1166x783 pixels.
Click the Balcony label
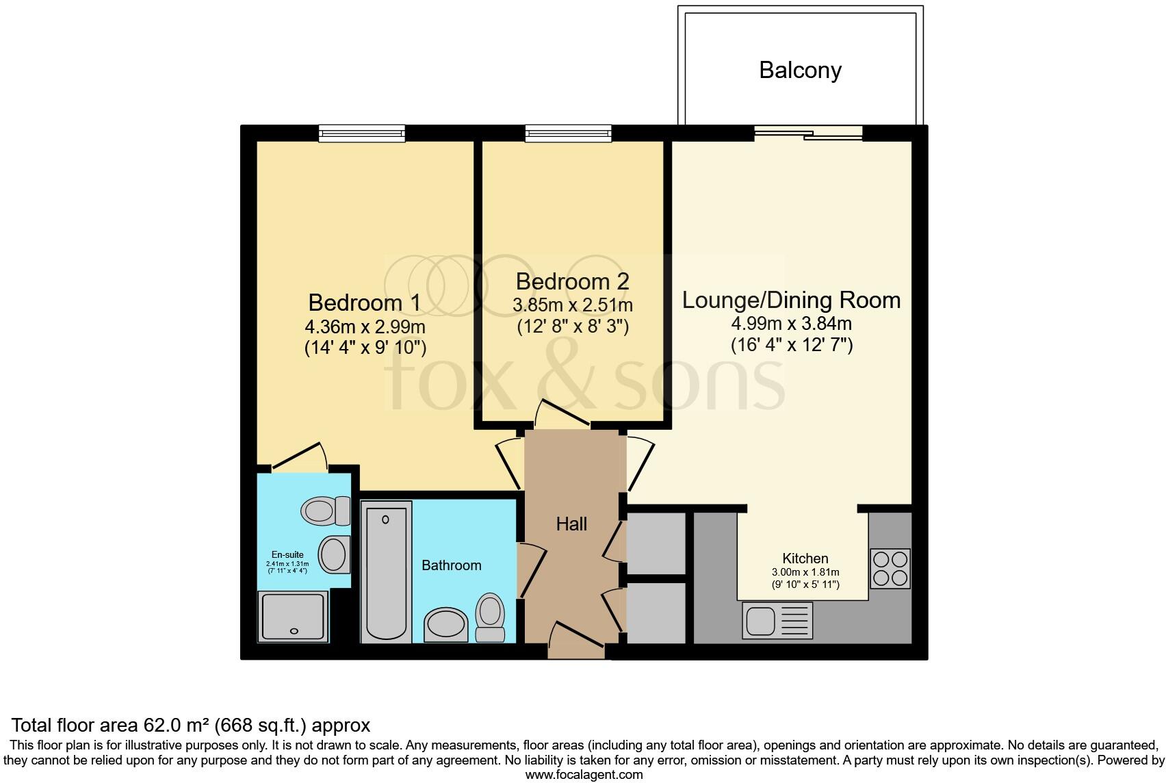click(800, 70)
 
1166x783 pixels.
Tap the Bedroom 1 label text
click(364, 303)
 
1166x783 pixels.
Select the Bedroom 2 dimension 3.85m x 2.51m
click(572, 305)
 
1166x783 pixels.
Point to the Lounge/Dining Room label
click(791, 300)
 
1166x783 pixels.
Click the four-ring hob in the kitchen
click(890, 568)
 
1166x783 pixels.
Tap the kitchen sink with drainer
click(777, 621)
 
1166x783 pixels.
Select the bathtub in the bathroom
click(386, 572)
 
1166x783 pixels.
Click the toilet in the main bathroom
click(489, 617)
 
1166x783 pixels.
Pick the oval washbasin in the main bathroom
click(445, 624)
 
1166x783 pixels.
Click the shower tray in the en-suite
click(293, 617)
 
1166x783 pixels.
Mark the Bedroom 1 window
click(362, 133)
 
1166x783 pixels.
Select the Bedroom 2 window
click(568, 133)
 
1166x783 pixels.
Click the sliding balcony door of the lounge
click(808, 133)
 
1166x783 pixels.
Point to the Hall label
click(571, 524)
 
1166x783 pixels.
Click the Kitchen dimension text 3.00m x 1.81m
click(805, 573)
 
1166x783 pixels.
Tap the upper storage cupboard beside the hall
click(655, 543)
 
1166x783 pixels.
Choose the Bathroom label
click(451, 565)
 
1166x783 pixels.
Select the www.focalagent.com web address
click(584, 775)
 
